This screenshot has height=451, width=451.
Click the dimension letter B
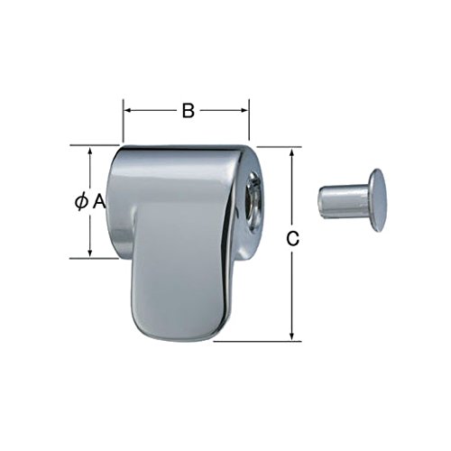tap(188, 111)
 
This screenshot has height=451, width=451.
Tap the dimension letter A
tap(99, 203)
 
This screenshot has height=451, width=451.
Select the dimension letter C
tap(291, 239)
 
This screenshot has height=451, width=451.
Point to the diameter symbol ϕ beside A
tap(81, 203)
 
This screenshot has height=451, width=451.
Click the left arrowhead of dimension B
tap(128, 111)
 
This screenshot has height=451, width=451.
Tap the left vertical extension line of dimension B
tap(124, 122)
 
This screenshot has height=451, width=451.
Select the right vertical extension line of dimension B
tap(249, 122)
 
